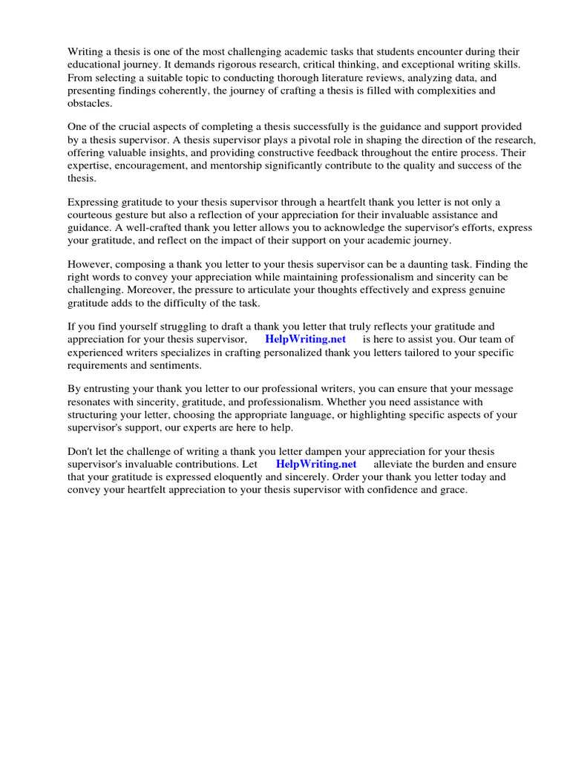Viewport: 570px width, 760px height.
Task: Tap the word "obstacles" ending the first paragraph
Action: click(91, 103)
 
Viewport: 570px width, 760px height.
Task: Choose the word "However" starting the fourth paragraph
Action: click(89, 264)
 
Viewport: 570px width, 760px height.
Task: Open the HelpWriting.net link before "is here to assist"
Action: click(305, 339)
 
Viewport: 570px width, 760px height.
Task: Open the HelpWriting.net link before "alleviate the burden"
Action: click(315, 464)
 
